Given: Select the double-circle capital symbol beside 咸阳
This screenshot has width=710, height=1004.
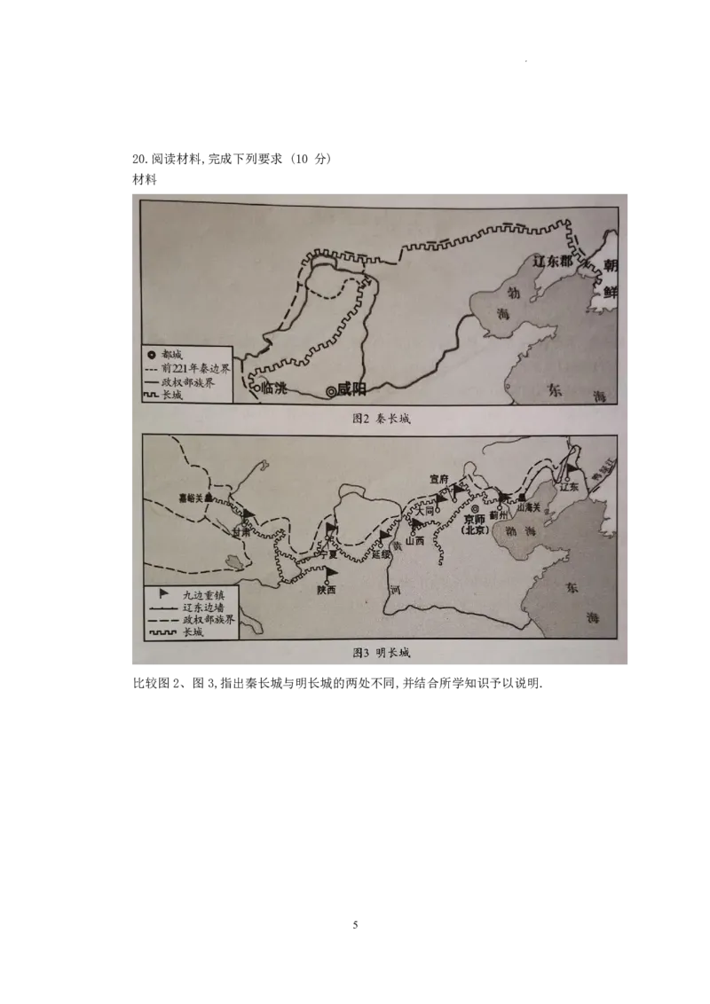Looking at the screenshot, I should pyautogui.click(x=332, y=389).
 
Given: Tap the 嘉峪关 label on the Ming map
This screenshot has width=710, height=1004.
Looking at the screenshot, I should pyautogui.click(x=193, y=498).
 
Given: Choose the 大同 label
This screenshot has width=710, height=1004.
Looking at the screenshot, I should pyautogui.click(x=425, y=512).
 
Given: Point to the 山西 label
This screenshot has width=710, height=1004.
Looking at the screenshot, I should pyautogui.click(x=414, y=540).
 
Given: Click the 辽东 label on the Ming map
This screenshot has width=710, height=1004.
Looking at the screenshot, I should pyautogui.click(x=570, y=487).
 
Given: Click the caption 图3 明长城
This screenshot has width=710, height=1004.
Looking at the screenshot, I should pyautogui.click(x=381, y=653).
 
